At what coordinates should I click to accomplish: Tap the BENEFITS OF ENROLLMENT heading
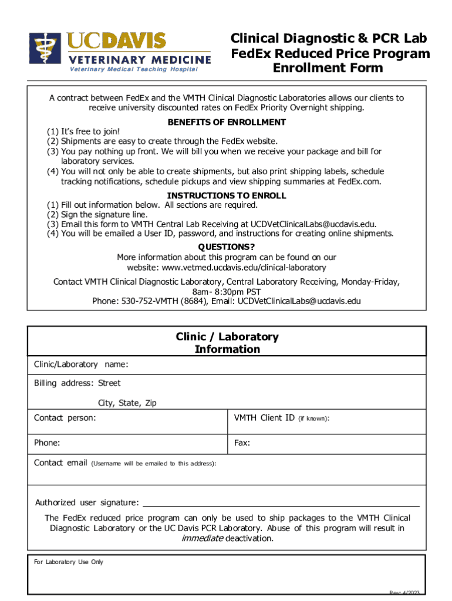(x=227, y=122)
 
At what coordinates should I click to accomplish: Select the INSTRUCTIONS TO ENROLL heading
(x=227, y=195)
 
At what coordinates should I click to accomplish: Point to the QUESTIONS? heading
(x=227, y=247)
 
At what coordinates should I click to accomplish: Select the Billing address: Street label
(x=77, y=383)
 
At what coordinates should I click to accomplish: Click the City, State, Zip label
(x=127, y=403)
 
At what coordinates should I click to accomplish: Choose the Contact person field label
(x=65, y=418)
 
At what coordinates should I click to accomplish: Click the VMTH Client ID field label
(x=264, y=418)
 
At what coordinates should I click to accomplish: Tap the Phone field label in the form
(x=47, y=443)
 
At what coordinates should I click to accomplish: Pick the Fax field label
(x=242, y=443)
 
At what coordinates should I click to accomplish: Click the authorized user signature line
(x=281, y=504)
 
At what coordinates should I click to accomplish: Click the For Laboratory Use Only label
(x=68, y=562)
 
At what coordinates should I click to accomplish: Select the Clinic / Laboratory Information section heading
(x=227, y=343)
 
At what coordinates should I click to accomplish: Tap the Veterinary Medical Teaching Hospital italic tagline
(x=134, y=69)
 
